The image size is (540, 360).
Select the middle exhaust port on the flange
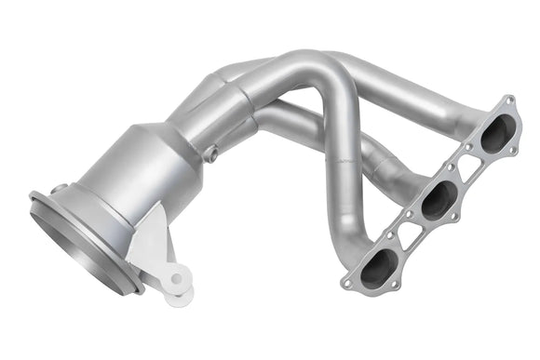[x=438, y=200]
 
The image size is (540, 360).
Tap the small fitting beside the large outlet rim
[x=58, y=190]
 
